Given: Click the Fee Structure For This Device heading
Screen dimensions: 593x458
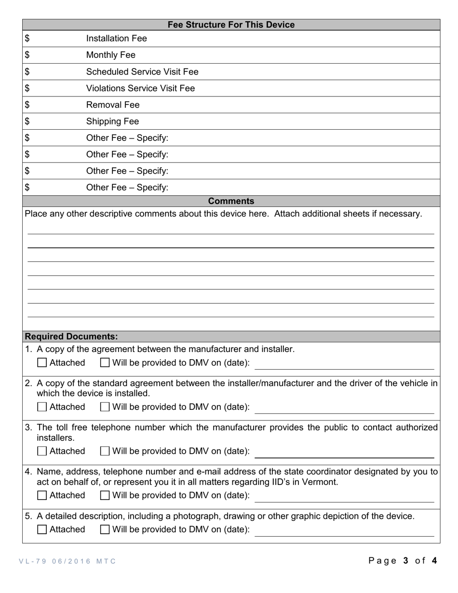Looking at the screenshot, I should [x=231, y=25].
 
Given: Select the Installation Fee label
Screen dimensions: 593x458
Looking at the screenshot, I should [x=116, y=39].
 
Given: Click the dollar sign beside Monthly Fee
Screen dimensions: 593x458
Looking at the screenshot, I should [x=27, y=55].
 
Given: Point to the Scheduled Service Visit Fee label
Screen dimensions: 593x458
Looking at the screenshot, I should [x=142, y=72].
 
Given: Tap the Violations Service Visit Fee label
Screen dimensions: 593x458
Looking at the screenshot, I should [x=140, y=88].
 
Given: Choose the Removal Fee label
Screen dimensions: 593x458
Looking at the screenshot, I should [x=112, y=105].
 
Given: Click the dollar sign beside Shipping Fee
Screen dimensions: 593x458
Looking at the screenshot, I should [x=27, y=121].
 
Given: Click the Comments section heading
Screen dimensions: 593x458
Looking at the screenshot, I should [x=231, y=201].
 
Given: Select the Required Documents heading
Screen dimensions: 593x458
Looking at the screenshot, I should [x=71, y=337].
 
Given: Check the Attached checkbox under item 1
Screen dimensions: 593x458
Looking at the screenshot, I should [x=42, y=363].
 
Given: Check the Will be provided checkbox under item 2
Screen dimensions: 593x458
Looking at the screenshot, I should [x=105, y=407].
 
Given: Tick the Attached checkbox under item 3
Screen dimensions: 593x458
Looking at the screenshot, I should [x=42, y=451].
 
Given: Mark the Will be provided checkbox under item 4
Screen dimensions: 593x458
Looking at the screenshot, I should [x=105, y=495].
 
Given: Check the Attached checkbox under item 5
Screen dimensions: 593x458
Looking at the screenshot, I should [x=42, y=529].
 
